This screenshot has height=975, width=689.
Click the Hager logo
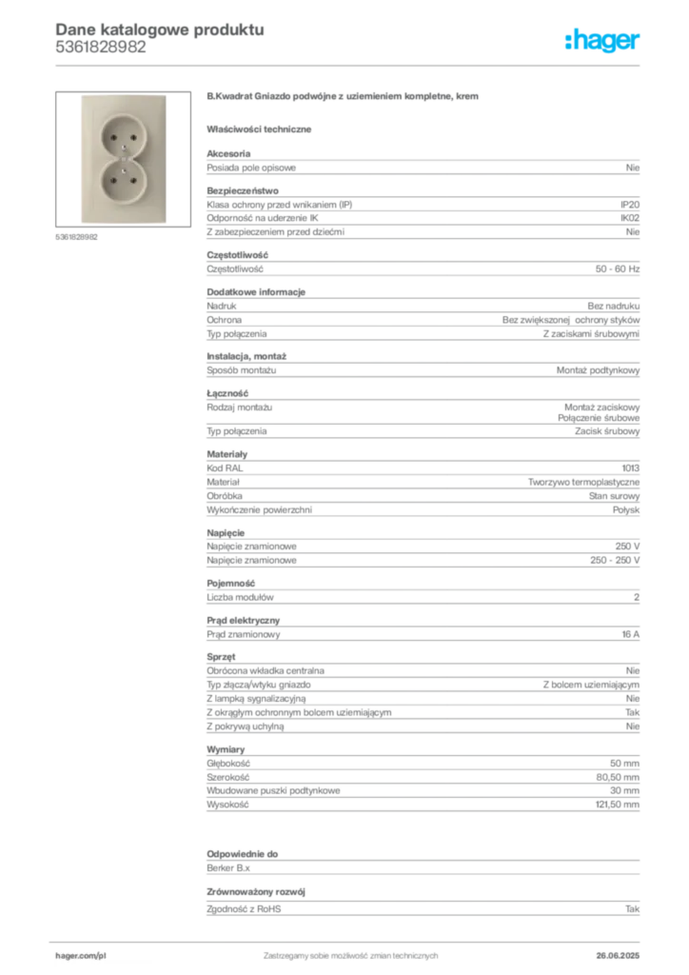602,40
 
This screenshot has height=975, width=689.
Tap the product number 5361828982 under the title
101,48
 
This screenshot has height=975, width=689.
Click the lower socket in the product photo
123,180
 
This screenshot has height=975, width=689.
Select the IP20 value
630,205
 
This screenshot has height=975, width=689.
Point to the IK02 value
630,218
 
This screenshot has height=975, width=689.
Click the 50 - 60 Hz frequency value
618,269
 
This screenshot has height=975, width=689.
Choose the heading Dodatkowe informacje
256,292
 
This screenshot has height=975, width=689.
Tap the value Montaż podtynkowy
599,370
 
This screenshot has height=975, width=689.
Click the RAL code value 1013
631,468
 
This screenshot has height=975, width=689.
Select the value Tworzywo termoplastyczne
584,482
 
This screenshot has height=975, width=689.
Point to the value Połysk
626,510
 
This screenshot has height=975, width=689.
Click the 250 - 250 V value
615,560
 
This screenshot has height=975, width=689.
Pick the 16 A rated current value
631,634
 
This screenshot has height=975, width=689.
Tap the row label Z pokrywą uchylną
246,726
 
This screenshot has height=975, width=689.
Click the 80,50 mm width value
618,777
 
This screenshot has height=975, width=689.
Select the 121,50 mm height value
618,805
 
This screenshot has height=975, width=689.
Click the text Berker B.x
228,868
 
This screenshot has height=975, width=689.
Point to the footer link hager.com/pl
81,956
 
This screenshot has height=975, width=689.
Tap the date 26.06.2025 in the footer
618,956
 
